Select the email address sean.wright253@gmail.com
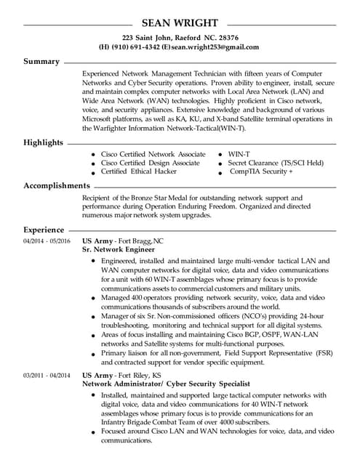pos(215,46)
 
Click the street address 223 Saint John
pos(148,37)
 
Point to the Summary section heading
pos(41,62)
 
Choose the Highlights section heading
pos(44,142)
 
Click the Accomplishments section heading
pos(57,186)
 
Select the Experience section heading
pos(44,230)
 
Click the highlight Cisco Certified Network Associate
pos(153,155)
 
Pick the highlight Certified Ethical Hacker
pos(138,172)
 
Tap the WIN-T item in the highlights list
pos(240,155)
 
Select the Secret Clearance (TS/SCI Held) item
pos(276,163)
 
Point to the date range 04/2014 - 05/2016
pos(47,240)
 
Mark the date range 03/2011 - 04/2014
pos(47,375)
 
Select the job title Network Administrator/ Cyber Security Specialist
pos(166,384)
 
